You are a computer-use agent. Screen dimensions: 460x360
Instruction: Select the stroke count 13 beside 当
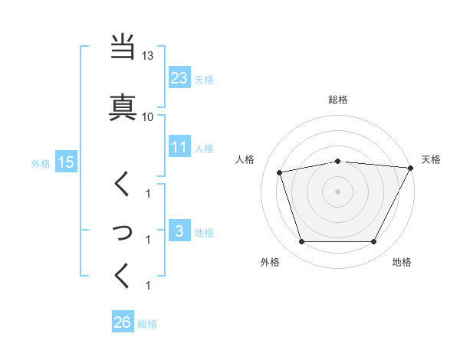coord(148,56)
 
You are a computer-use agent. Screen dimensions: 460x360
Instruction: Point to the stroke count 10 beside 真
coord(148,116)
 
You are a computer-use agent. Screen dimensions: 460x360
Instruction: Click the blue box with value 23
coord(179,77)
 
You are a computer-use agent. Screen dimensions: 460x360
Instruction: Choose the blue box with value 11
coord(179,147)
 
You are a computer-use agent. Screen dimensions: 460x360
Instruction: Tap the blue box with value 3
coord(179,231)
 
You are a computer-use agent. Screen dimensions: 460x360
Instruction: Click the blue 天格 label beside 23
coord(203,79)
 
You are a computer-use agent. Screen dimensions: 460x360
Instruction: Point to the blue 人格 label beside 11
coord(203,148)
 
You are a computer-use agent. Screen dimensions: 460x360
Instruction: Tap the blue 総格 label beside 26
coord(147,324)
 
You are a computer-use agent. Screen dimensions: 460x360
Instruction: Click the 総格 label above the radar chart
coord(338,100)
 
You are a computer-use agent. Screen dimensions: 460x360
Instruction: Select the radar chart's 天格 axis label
coord(431,159)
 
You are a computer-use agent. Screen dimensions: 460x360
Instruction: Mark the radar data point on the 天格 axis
coord(411,168)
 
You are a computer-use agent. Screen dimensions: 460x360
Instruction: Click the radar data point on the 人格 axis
coord(280,172)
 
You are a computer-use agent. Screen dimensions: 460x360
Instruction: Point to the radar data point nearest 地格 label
coord(373,242)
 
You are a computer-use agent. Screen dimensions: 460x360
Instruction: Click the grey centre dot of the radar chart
coord(338,191)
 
